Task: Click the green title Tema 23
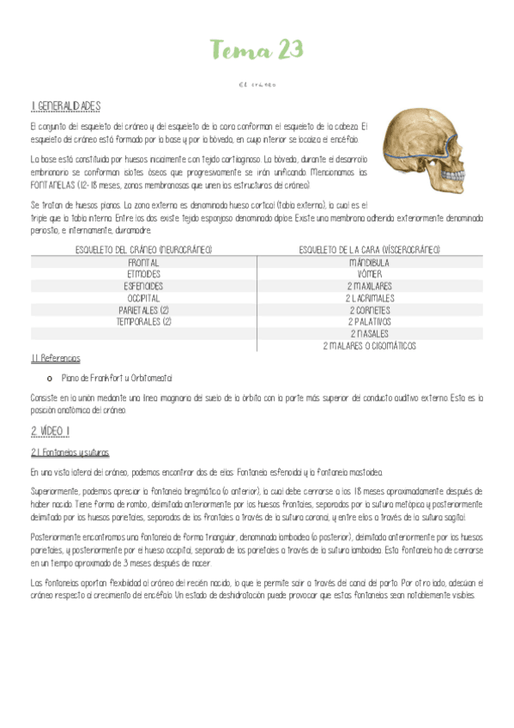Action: coord(257,51)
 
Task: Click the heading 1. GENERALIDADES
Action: coord(65,106)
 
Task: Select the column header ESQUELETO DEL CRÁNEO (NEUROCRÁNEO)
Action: coord(143,250)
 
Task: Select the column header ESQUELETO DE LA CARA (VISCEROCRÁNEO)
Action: coord(369,250)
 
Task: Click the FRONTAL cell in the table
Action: coord(143,262)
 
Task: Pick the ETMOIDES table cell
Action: coord(143,274)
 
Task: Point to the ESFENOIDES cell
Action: coord(143,286)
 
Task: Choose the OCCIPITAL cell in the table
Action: coord(143,298)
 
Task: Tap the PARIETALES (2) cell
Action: coord(143,310)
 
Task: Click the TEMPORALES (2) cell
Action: coord(143,322)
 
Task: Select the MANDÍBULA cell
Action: coord(369,262)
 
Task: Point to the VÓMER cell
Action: coord(369,274)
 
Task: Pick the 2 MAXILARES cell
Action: coord(369,286)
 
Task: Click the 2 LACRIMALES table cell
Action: coord(369,298)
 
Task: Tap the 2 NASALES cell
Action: coord(369,334)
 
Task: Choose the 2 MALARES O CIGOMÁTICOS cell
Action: coord(369,346)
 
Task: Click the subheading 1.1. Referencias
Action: coord(55,359)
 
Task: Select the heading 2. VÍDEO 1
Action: coord(51,430)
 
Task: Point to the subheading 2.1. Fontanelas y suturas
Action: coord(70,452)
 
